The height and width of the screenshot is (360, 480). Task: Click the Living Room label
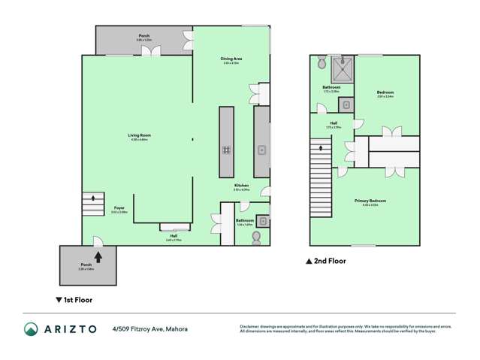click(139, 136)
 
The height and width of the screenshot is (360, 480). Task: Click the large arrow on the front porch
click(97, 257)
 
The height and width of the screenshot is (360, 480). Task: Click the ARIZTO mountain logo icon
click(32, 329)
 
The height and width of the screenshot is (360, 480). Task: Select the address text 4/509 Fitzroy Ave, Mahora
click(149, 329)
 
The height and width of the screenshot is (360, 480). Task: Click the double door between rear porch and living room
click(154, 52)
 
